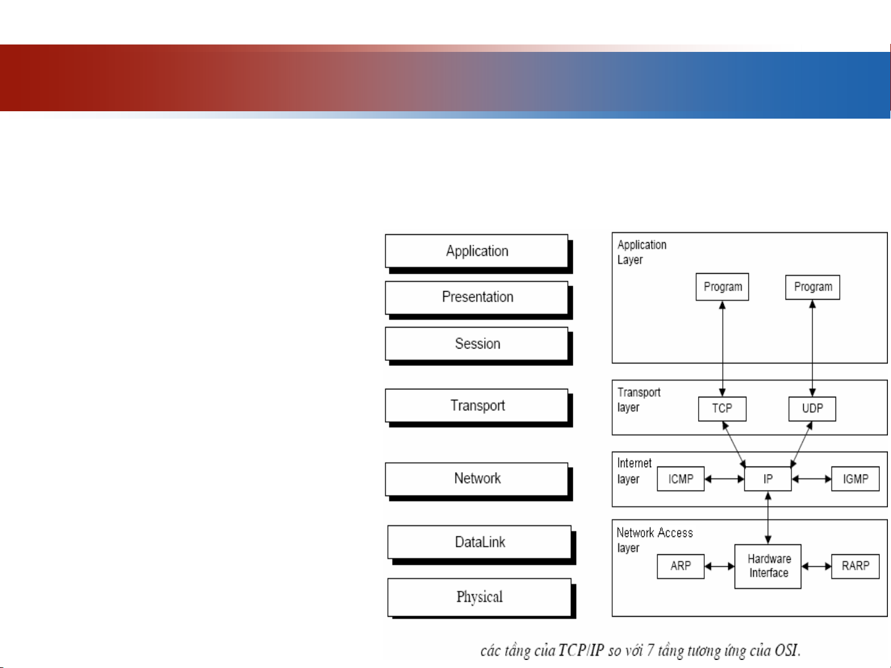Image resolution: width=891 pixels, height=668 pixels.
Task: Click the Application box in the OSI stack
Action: click(x=477, y=252)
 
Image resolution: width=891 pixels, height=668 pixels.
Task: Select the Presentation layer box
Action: click(x=477, y=297)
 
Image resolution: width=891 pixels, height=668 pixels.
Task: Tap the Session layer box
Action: click(x=477, y=344)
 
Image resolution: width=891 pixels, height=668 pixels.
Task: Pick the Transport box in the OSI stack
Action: click(x=477, y=405)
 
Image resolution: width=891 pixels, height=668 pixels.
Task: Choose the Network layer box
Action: click(x=477, y=478)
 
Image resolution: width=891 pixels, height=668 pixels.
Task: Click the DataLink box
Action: click(x=479, y=542)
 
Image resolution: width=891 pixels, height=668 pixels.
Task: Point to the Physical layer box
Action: click(x=479, y=597)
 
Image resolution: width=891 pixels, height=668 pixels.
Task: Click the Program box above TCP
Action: click(x=722, y=287)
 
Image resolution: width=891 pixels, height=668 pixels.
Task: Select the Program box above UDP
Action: click(x=812, y=287)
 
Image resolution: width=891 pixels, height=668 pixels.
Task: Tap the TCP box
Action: click(x=722, y=408)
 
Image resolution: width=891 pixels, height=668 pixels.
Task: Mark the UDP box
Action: click(x=812, y=408)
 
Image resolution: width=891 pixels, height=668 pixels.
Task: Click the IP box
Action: click(x=768, y=479)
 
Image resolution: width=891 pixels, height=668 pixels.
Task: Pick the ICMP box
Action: click(x=680, y=479)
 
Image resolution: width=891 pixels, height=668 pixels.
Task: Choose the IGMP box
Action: click(x=856, y=479)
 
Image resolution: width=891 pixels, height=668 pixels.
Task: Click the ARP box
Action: click(x=680, y=566)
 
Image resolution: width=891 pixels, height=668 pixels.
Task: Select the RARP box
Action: click(x=856, y=566)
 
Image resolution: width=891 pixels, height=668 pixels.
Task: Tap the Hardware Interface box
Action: click(x=768, y=566)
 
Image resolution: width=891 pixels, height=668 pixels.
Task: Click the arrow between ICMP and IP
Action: click(x=724, y=479)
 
